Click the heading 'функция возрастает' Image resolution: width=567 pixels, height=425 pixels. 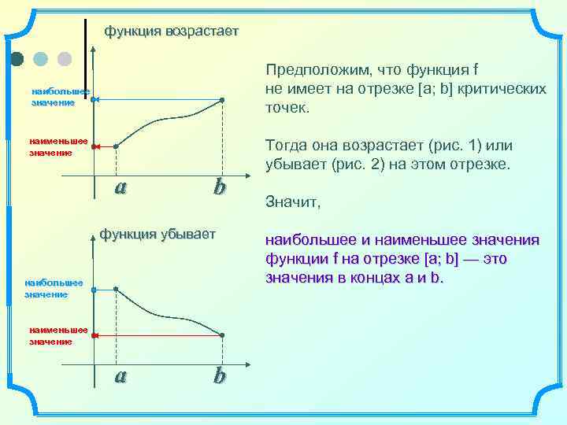point(171,31)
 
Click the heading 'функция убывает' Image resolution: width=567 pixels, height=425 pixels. point(157,234)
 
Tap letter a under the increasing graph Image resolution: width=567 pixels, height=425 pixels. point(120,187)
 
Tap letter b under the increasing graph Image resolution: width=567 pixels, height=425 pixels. point(219,187)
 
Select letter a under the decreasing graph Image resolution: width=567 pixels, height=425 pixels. point(120,376)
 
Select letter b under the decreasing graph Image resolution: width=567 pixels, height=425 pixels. point(219,376)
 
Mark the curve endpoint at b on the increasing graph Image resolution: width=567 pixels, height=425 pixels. point(222,100)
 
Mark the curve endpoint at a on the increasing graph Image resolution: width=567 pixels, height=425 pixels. point(116,146)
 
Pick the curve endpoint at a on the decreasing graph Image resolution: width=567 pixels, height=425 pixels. point(116,290)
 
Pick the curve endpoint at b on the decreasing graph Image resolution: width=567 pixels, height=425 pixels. point(222,335)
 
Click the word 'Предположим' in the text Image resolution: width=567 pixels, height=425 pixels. point(310,69)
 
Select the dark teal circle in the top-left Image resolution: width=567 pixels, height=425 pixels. point(17,58)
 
